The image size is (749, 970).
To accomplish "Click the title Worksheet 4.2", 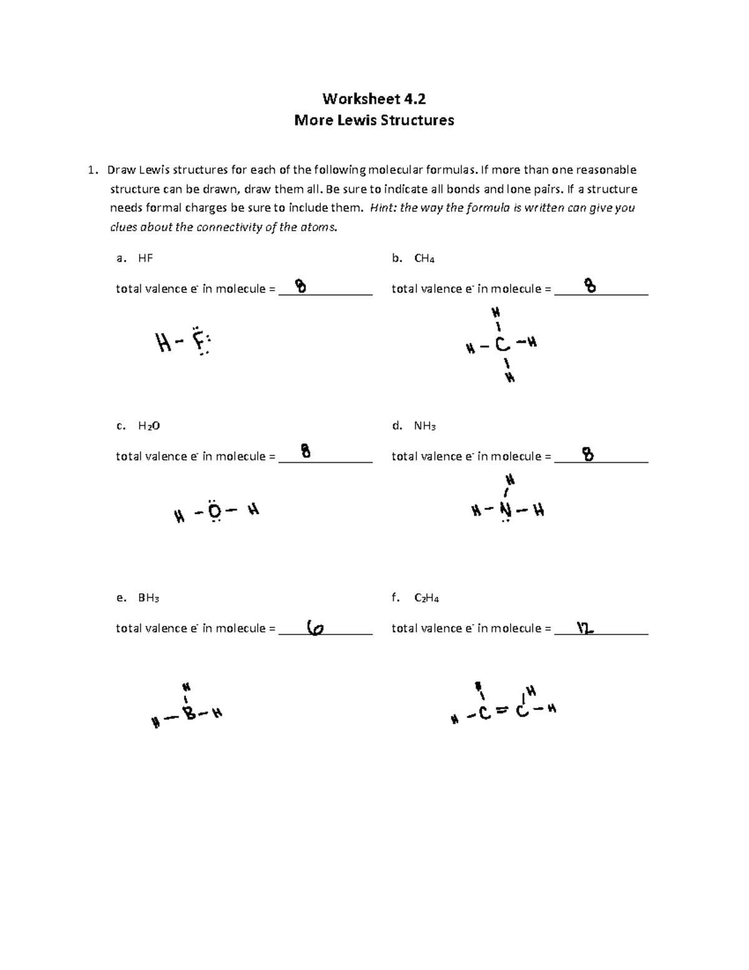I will pos(374,99).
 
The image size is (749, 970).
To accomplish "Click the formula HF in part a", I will pos(145,258).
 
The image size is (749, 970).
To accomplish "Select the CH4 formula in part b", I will pos(424,259).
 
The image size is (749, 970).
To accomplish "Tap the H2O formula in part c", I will pos(149,426).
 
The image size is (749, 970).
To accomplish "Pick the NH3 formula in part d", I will pos(424,426).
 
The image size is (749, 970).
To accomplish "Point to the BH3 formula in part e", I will pos(149,598).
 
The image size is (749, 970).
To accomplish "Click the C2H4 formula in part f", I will pos(426,598).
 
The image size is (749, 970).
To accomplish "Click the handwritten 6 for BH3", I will pos(316,628).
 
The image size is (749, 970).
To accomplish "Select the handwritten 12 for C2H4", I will pos(585,628).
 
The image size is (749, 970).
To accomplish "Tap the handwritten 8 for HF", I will pos(301,287).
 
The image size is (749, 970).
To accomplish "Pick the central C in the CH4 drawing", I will pos(502,345).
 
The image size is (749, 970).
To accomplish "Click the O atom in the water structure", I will pos(214,512).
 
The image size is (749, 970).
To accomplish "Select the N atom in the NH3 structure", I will pos(506,511).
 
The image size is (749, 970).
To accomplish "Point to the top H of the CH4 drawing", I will pos(496,312).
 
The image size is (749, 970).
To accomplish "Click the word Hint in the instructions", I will pos(382,208).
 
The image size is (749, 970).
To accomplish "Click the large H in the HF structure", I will pos(164,342).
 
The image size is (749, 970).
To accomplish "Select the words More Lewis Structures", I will pos(374,120).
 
